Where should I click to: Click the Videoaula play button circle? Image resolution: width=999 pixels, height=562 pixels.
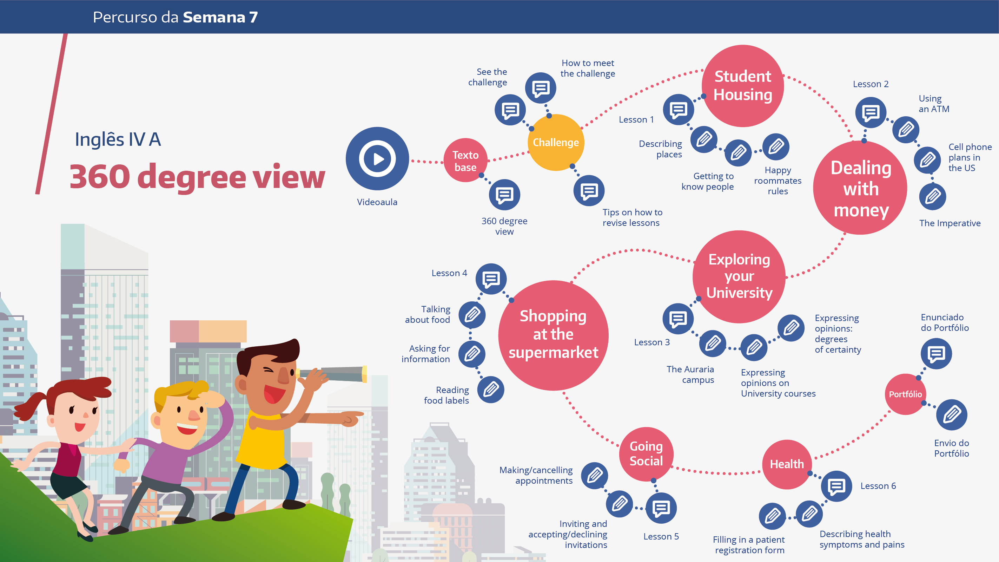tap(377, 158)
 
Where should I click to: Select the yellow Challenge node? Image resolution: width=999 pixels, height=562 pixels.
tap(556, 143)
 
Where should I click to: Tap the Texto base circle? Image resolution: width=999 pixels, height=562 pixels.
tap(465, 160)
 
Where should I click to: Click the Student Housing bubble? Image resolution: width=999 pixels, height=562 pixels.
tap(743, 86)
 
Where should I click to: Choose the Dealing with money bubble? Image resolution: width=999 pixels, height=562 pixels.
tap(860, 188)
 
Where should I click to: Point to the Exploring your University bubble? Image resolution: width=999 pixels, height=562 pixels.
tap(739, 277)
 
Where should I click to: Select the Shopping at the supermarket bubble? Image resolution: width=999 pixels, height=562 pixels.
tap(554, 335)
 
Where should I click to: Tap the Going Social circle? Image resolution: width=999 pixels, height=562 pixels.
tap(646, 454)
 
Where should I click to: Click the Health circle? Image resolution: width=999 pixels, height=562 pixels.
tap(787, 464)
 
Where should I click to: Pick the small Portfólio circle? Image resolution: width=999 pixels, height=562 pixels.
tap(905, 394)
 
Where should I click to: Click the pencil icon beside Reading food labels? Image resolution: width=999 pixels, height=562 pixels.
tap(491, 389)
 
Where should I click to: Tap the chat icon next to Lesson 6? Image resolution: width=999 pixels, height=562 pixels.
tap(836, 486)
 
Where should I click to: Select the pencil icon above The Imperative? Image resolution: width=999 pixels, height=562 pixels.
tap(933, 196)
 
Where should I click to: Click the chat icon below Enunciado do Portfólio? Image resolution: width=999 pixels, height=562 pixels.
tap(936, 354)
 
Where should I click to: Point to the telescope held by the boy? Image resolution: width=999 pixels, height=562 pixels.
tap(332, 374)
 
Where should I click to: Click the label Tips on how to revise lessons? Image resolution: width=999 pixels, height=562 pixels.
tap(633, 217)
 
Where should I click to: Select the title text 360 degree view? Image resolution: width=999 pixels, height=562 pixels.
tap(197, 177)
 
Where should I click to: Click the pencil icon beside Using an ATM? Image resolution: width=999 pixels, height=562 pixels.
tap(906, 129)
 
